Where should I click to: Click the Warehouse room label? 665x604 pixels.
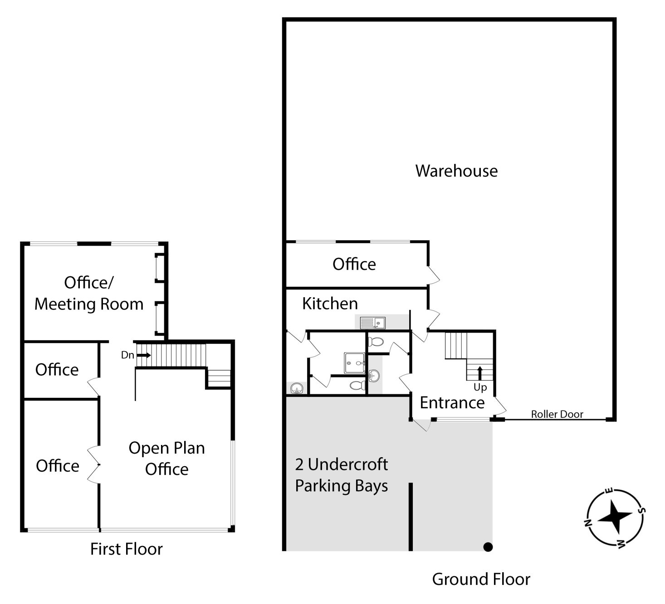tap(456, 171)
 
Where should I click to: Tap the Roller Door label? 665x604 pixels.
tap(557, 414)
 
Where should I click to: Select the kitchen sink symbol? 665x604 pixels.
tap(372, 323)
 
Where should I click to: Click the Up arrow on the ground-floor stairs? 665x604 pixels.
tap(479, 373)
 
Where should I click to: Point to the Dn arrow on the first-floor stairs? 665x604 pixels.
tap(144, 355)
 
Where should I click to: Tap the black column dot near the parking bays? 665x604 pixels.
tap(488, 547)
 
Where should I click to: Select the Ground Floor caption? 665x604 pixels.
tap(481, 580)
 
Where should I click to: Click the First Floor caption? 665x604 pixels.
tap(126, 549)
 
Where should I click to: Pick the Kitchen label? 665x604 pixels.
tap(330, 304)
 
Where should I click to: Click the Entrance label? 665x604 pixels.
tap(452, 403)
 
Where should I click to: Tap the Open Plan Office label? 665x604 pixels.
tap(167, 458)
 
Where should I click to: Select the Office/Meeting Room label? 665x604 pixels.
tap(89, 293)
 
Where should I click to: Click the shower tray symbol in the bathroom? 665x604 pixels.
tap(354, 363)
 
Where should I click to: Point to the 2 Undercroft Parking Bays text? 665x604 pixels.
tap(341, 475)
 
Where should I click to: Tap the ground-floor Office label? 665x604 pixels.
tap(354, 264)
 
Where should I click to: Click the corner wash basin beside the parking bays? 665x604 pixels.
tap(297, 388)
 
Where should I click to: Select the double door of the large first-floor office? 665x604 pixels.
tap(94, 465)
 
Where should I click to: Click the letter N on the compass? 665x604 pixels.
tap(588, 523)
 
